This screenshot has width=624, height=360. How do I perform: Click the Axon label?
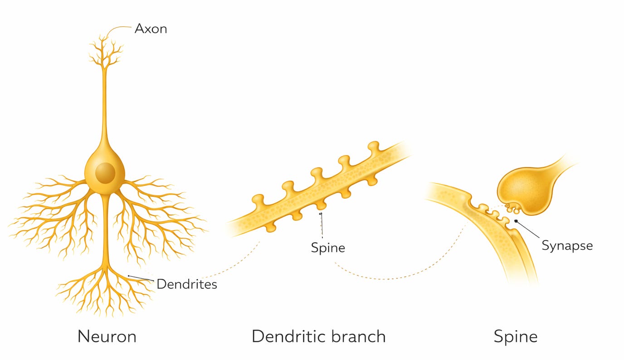pyautogui.click(x=151, y=29)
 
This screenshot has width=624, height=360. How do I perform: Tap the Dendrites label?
pyautogui.click(x=186, y=284)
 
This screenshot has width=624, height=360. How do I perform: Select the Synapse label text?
pyautogui.click(x=567, y=246)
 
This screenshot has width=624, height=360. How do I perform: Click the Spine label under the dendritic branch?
pyautogui.click(x=328, y=248)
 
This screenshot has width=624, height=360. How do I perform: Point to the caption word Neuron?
pyautogui.click(x=107, y=336)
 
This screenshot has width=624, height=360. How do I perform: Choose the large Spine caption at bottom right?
pyautogui.click(x=515, y=336)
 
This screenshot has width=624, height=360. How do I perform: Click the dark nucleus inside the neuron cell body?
pyautogui.click(x=105, y=173)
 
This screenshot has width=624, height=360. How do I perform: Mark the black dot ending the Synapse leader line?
pyautogui.click(x=516, y=221)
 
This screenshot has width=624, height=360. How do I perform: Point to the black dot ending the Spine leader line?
pyautogui.click(x=321, y=214)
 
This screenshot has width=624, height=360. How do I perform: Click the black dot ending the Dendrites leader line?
pyautogui.click(x=129, y=276)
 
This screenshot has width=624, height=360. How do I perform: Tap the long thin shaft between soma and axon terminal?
pyautogui.click(x=105, y=109)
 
